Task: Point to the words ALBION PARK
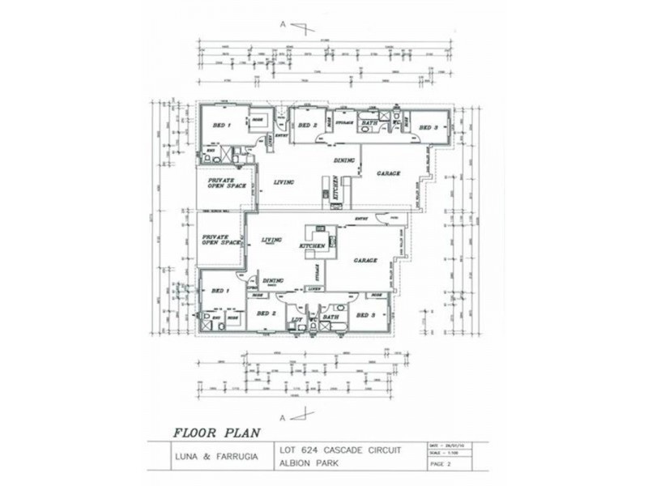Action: click(305, 463)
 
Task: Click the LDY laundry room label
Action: click(296, 320)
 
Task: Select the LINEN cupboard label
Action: click(316, 288)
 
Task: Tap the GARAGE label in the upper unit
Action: click(389, 173)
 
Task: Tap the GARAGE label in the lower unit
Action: click(365, 261)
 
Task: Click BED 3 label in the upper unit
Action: click(428, 127)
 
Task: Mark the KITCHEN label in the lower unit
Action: click(313, 245)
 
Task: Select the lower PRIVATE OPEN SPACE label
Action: click(221, 240)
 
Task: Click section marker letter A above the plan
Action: click(283, 26)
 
